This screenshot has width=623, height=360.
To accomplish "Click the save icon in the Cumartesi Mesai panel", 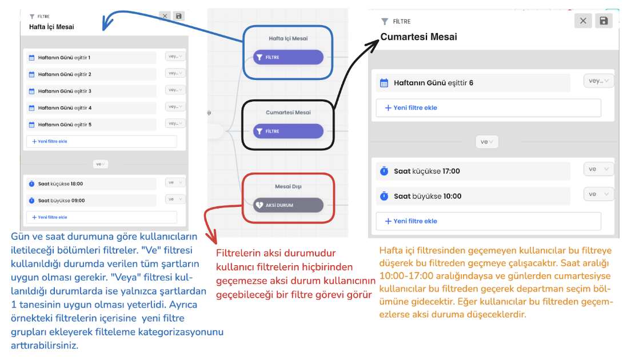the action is tap(604, 21).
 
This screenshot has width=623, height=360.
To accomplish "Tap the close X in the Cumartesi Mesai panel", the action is tap(583, 21).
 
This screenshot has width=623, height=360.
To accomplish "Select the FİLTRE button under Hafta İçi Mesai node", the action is tap(288, 57).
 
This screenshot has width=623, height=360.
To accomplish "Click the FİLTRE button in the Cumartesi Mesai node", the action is tap(288, 131).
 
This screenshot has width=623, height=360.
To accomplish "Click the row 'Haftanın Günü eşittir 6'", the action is tap(473, 83).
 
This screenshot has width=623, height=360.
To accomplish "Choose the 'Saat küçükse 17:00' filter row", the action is tap(473, 171).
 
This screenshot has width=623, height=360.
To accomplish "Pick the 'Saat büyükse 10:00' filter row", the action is tap(473, 197).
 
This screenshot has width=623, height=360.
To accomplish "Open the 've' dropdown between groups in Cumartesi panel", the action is tap(487, 142).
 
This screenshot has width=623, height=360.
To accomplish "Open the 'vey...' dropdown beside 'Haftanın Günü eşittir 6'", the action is tap(598, 81).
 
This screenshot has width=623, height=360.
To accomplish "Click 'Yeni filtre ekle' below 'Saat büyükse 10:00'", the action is tap(488, 221).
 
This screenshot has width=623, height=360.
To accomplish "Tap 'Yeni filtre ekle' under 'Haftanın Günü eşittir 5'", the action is tap(101, 142).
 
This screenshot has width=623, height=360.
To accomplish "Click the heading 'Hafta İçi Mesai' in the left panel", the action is tap(51, 27).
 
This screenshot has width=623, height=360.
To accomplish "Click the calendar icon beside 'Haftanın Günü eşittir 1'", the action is tap(32, 58).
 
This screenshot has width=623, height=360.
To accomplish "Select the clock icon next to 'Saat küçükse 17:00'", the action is tap(384, 171).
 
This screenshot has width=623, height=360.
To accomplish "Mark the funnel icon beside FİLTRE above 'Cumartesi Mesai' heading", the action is tap(384, 22).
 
